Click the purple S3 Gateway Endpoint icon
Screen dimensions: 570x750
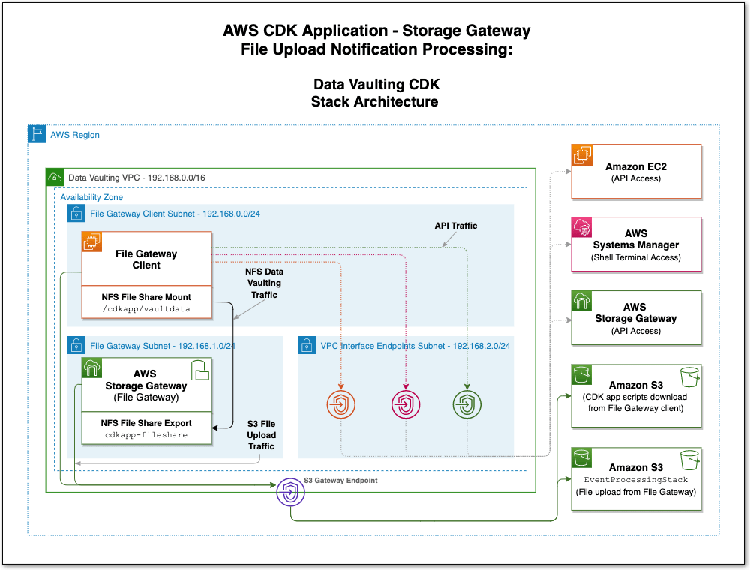coord(290,493)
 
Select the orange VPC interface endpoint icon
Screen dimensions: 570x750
coord(341,405)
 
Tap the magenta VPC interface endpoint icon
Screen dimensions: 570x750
coord(405,405)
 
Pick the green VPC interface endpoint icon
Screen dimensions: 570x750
coord(467,405)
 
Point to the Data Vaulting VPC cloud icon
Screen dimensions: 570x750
coord(55,178)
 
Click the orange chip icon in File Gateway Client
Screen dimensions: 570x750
coord(92,241)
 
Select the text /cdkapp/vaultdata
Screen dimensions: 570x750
coord(146,308)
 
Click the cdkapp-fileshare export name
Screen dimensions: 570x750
coord(146,434)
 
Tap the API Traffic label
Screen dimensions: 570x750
coord(455,226)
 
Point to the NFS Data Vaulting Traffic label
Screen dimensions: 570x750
coord(264,283)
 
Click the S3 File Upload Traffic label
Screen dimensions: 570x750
coord(262,435)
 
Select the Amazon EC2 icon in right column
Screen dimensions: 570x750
coord(582,155)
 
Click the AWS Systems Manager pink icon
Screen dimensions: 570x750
coord(582,228)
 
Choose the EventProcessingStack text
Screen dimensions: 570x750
coord(635,479)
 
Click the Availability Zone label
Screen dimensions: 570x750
coord(92,196)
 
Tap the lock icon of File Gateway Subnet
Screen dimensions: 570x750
coord(76,345)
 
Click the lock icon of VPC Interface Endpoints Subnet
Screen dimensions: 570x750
coord(307,345)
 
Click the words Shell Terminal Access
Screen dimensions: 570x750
coord(635,257)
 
